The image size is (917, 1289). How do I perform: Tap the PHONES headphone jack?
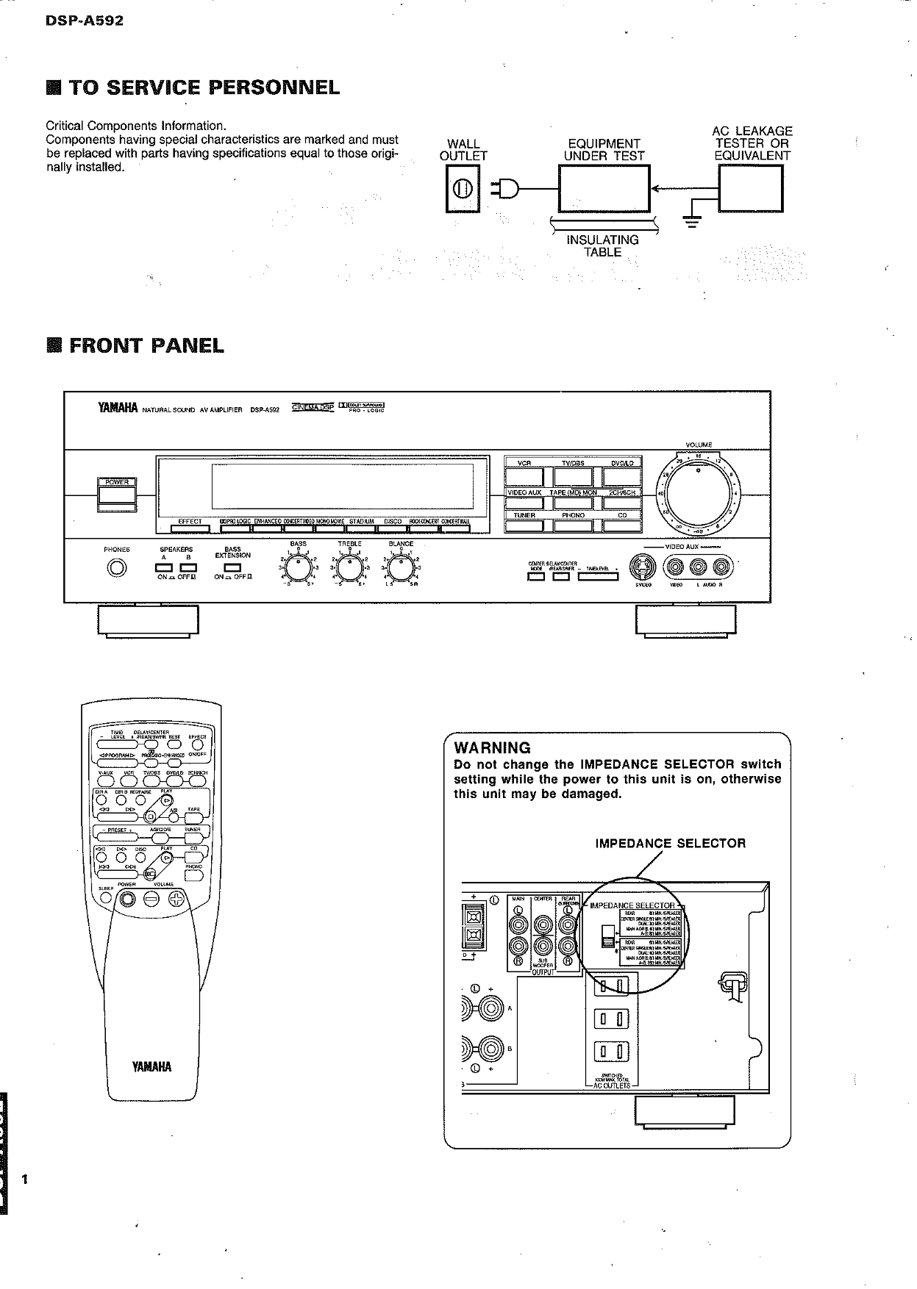click(x=117, y=568)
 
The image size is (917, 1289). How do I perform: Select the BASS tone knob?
click(x=298, y=568)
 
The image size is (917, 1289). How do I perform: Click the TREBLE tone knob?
click(x=349, y=568)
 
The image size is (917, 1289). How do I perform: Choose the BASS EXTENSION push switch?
click(x=232, y=567)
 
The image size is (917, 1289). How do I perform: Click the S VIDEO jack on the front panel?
click(x=643, y=567)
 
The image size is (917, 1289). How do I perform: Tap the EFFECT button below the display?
click(x=190, y=528)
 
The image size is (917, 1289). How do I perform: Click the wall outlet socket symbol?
click(x=463, y=189)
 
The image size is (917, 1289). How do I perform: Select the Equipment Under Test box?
click(x=604, y=189)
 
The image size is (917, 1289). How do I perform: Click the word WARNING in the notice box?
click(x=492, y=748)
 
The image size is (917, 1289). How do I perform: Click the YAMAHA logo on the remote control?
click(x=151, y=1067)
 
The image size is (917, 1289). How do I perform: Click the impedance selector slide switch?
click(x=608, y=936)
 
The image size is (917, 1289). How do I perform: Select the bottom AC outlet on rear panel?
click(x=612, y=1052)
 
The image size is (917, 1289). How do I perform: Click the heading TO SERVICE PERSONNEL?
click(x=204, y=88)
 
